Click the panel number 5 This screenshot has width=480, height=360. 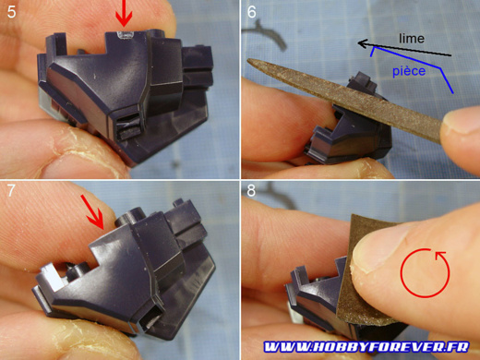[x=11, y=12]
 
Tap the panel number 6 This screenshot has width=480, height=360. [x=251, y=12]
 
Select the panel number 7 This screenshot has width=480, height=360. [x=11, y=190]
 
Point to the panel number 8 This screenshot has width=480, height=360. [x=251, y=190]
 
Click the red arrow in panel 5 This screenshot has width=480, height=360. [x=124, y=12]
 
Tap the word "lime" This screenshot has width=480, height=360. [x=412, y=39]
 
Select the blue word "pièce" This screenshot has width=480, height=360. [x=409, y=71]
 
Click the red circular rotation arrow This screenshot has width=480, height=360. [x=425, y=272]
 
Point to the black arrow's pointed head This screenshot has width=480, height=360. [x=359, y=43]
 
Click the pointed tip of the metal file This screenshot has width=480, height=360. [x=248, y=61]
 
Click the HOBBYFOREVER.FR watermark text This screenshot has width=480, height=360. [x=366, y=347]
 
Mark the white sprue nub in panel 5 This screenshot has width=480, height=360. [x=125, y=35]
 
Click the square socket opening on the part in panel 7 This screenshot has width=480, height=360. [x=151, y=320]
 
